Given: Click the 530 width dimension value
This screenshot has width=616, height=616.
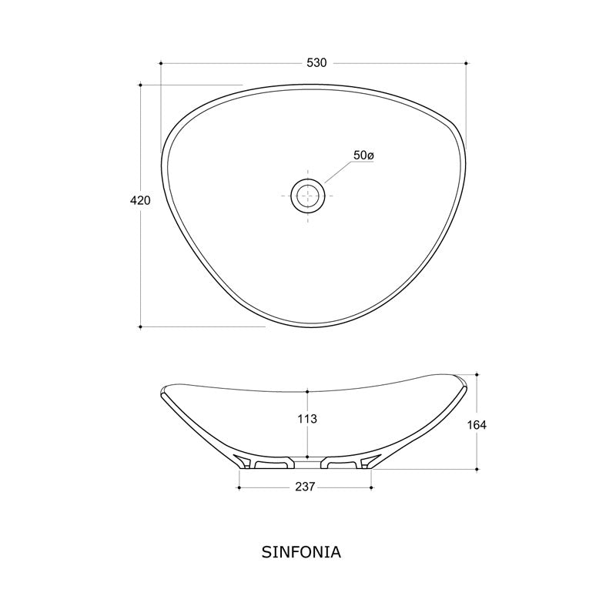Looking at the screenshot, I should point(316,62).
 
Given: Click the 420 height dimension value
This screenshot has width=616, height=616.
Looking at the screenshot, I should point(139,200).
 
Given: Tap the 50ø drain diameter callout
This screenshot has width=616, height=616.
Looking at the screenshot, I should point(363,156).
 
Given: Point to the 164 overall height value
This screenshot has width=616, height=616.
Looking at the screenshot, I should point(477,423).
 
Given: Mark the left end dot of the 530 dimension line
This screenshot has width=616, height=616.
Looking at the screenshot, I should point(161,62).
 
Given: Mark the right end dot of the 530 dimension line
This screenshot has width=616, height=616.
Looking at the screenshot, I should point(467,62).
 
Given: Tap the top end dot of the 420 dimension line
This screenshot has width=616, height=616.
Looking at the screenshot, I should point(140,85).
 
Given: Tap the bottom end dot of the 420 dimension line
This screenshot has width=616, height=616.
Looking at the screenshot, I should point(140,326).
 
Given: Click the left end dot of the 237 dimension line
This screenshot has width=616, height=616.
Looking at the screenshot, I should point(239,487).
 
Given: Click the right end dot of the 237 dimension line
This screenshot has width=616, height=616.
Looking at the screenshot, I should point(372,487).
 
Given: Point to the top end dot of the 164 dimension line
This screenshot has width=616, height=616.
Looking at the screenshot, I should point(477,375).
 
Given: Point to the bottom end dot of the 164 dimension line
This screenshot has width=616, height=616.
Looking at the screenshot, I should point(477,468).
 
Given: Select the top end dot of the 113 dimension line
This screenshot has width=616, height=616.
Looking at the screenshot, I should point(307,390).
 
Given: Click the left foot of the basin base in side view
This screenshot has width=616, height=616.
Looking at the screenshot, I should point(266,463).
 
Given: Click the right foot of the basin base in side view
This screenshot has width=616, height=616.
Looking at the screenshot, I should point(346,463).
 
